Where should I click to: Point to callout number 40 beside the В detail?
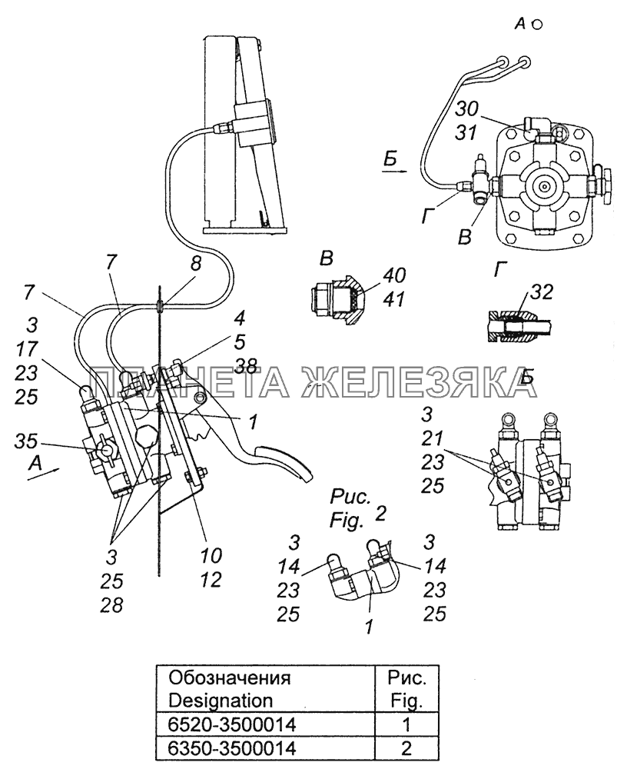pos(396,276)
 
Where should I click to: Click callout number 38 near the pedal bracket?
pos(247,367)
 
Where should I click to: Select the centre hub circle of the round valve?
pos(545,185)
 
